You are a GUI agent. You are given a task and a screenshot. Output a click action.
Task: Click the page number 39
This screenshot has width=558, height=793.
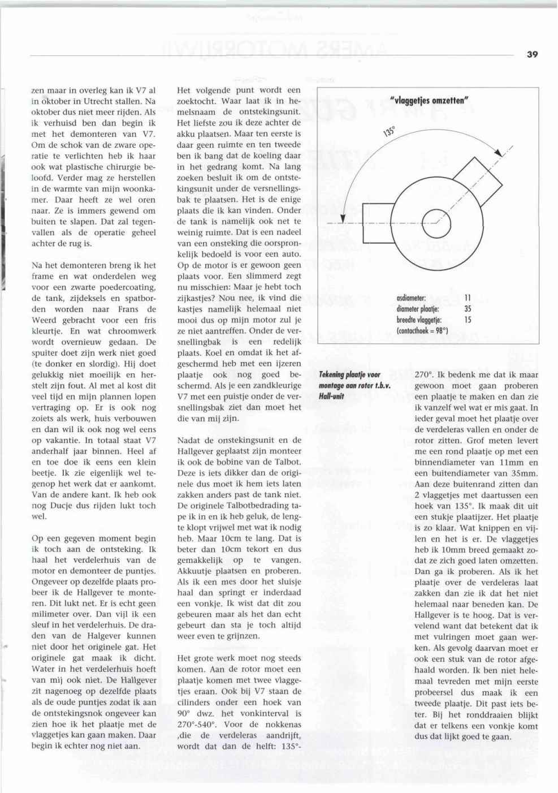532,54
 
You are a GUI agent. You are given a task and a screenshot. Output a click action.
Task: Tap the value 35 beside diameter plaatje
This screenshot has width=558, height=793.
468,309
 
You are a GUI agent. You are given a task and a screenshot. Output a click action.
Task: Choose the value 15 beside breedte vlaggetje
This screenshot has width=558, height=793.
468,320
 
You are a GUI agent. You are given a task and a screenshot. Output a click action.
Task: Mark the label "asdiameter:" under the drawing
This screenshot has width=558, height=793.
411,298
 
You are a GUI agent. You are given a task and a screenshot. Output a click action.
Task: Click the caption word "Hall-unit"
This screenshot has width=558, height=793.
331,396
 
